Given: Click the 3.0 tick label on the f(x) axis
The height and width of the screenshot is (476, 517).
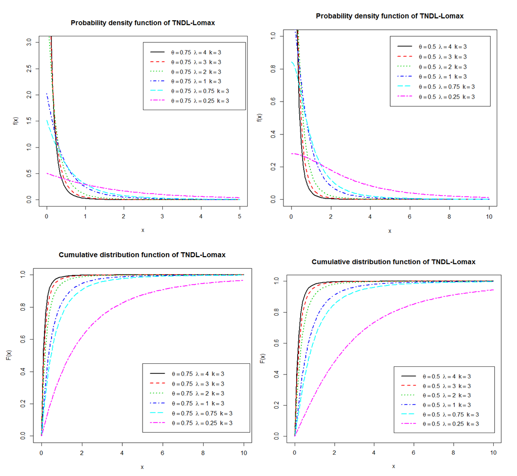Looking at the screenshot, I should click(29, 40).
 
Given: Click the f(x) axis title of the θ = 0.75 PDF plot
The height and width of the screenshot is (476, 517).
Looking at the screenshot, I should click(16, 121).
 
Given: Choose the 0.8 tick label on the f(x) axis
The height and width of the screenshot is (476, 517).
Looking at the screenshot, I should click(273, 69).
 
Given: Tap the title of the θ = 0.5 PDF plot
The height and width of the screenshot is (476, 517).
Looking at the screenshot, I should click(390, 16).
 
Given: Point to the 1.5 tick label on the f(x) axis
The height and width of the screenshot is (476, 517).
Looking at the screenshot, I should click(29, 120).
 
